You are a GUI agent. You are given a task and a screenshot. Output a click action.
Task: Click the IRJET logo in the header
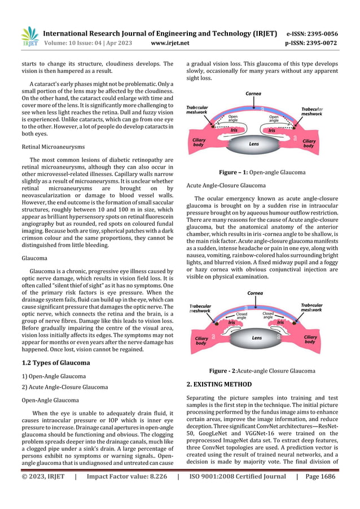pos(29,36)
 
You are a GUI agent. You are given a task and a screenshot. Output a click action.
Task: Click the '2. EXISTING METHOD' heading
pos(219,384)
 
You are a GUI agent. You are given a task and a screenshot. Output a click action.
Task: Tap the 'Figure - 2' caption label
pos(225,371)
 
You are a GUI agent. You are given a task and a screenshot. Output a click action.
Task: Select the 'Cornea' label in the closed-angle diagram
pos(255,293)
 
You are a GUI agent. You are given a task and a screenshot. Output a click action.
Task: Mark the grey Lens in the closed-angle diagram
pos(256,338)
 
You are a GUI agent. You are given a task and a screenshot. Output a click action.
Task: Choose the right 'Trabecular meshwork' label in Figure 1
pos(311,111)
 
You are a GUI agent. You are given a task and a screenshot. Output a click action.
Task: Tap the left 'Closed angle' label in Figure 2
pos(241,315)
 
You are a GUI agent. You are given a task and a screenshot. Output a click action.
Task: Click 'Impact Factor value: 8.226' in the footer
pos(127,476)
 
